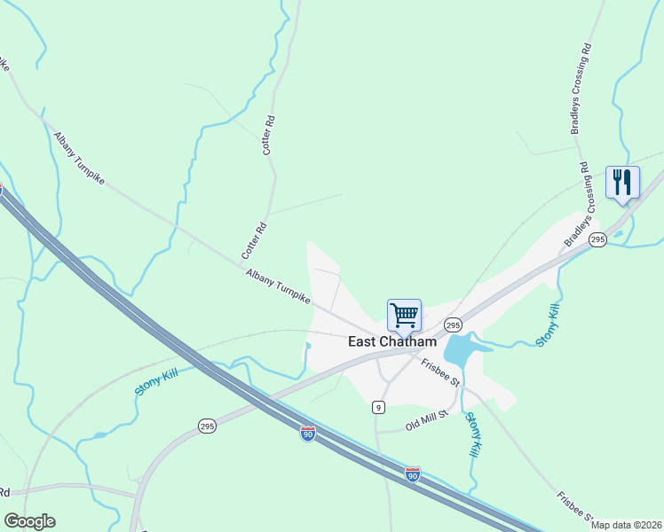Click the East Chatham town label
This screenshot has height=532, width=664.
click(391, 341)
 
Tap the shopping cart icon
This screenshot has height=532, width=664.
click(404, 314)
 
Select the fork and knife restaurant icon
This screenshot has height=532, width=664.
click(621, 183)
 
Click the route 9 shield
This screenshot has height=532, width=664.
click(379, 407)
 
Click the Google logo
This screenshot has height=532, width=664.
click(29, 521)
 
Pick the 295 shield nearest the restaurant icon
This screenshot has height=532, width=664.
click(597, 240)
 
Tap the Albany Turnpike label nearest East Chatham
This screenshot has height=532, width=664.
click(278, 288)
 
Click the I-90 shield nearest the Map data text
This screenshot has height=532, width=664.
click(413, 474)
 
